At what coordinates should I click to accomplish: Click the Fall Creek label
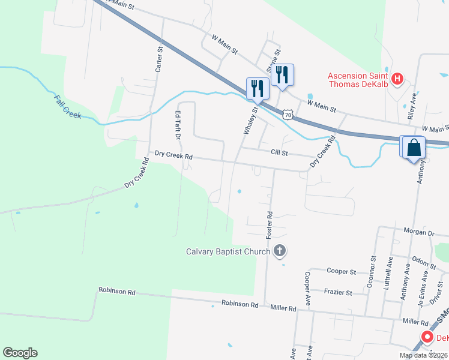(x=67, y=107)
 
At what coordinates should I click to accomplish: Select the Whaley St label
(x=249, y=120)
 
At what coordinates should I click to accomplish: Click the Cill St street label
(x=280, y=153)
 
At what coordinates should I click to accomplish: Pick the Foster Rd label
(x=270, y=223)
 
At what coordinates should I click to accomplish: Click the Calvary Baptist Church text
(x=228, y=251)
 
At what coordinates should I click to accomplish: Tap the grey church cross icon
(x=279, y=251)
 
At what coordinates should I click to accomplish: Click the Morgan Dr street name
(x=418, y=233)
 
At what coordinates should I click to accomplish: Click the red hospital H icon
(x=396, y=79)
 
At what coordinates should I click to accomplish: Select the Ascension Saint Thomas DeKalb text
(x=357, y=80)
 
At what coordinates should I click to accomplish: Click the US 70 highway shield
(x=289, y=114)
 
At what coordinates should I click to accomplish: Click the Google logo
(x=20, y=353)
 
